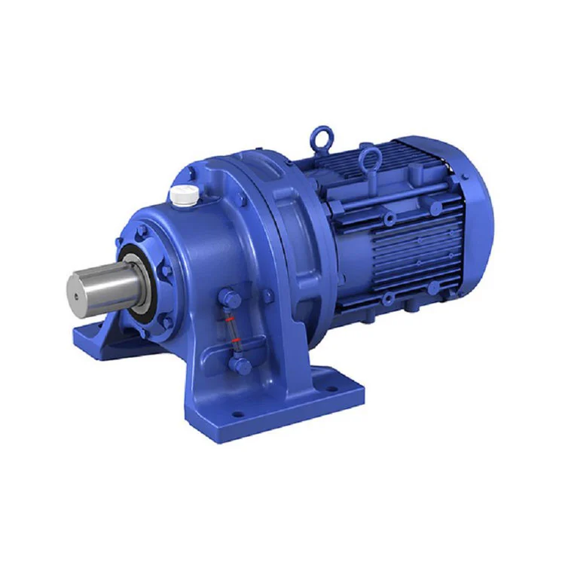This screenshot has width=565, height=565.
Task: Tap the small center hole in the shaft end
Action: pos(76,296)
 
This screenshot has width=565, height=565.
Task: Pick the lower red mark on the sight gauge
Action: pos(236,344)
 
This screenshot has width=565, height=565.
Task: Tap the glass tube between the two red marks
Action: pos(229,332)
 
